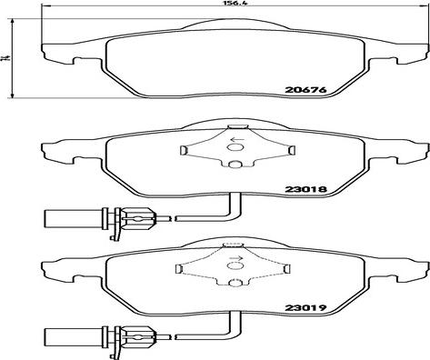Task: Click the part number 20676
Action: pos(305,90)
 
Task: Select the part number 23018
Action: pos(305,189)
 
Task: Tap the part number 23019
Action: pos(305,308)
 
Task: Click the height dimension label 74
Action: pos(5,58)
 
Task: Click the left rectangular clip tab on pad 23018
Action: pos(183,150)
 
